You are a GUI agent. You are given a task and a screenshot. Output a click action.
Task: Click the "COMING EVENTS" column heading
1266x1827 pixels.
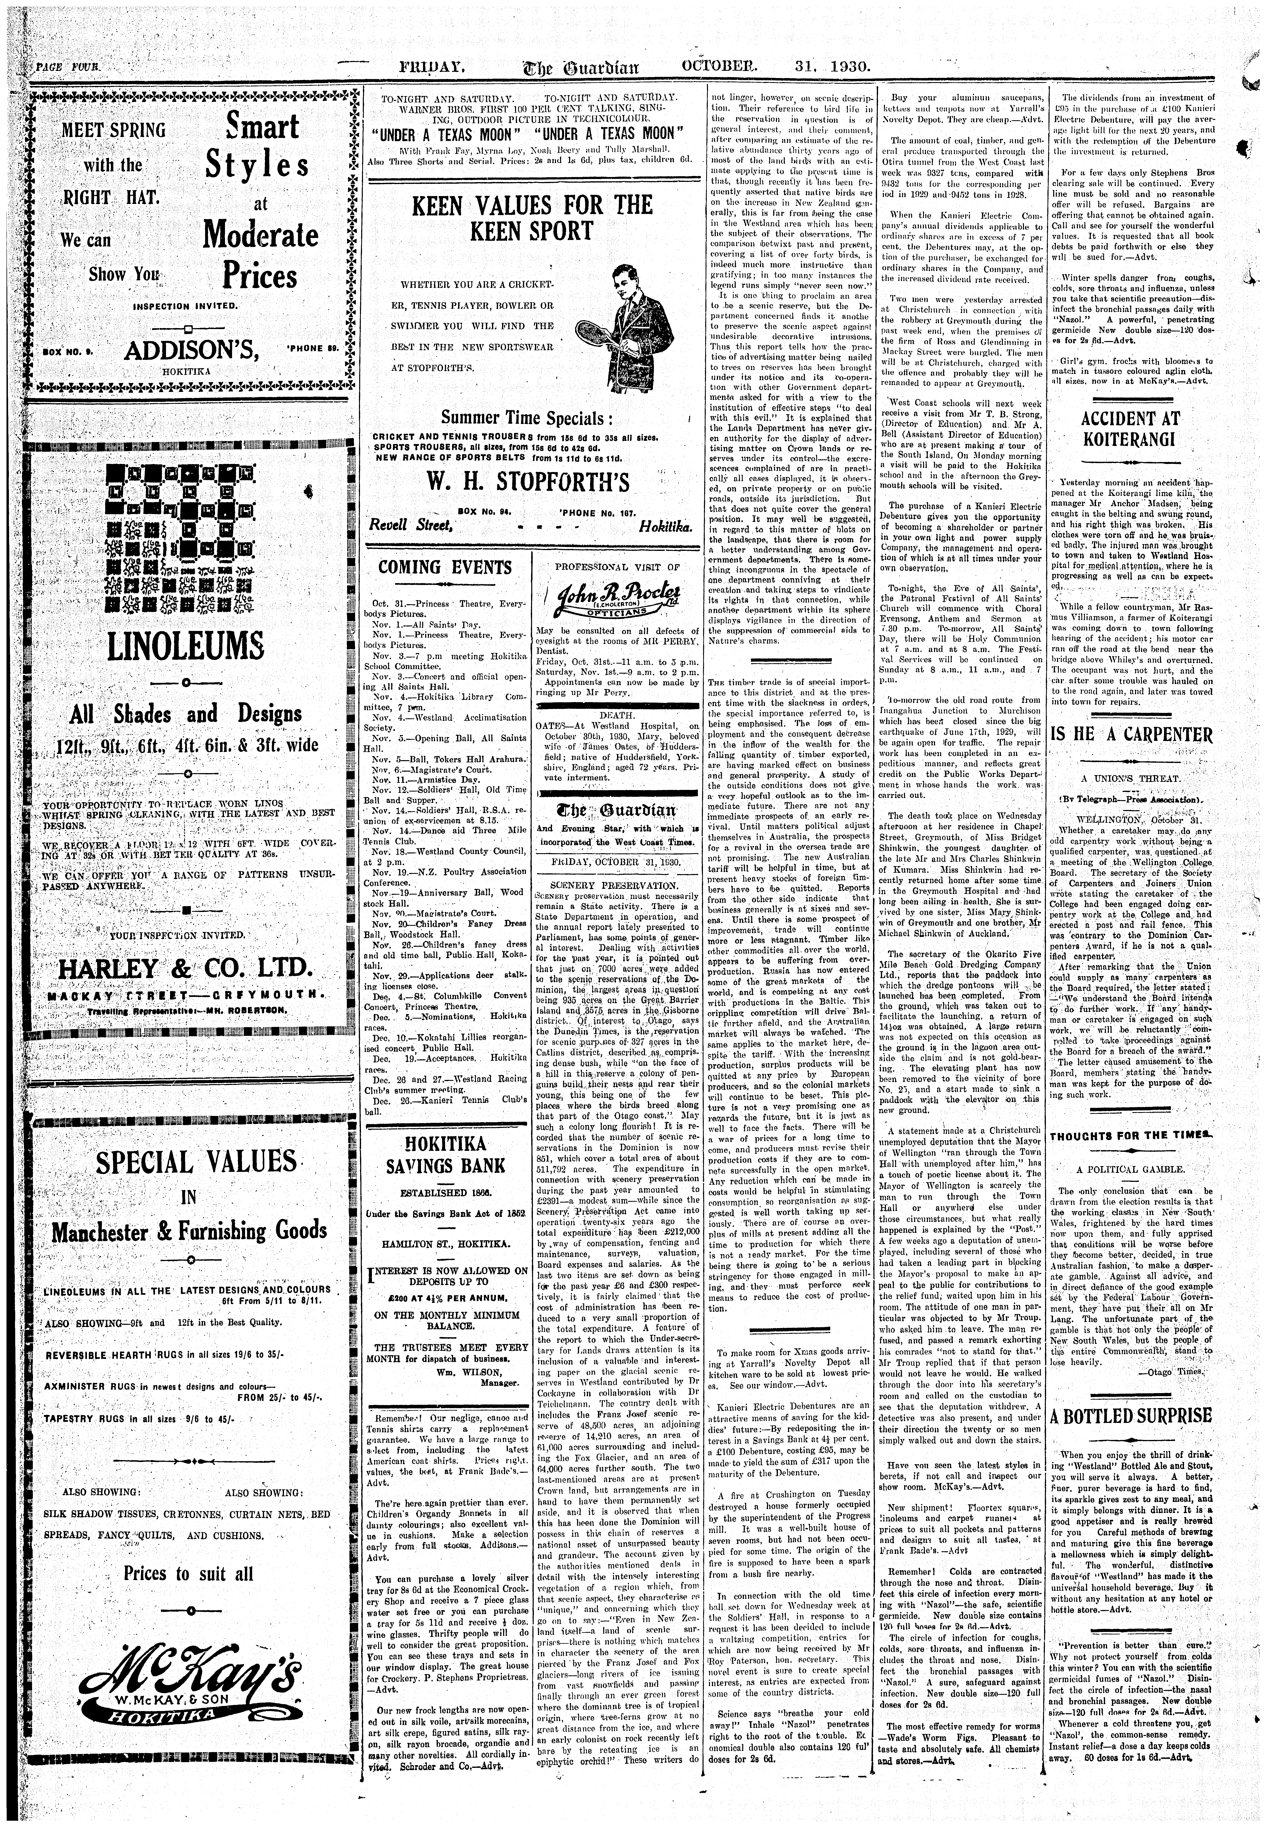445,567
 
